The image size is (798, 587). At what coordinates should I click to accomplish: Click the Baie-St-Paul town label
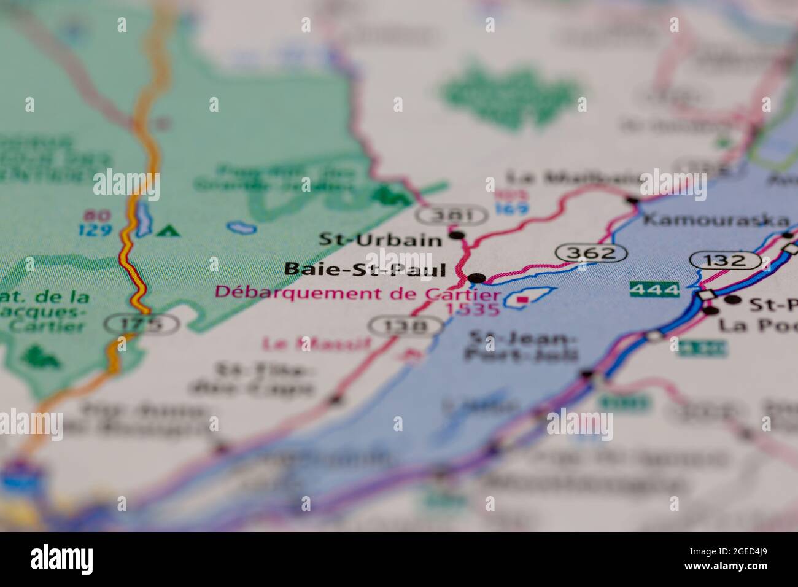point(365,269)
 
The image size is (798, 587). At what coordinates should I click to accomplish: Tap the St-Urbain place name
point(380,239)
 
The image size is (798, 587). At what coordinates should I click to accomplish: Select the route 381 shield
point(452,215)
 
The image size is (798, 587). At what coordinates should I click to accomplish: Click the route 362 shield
point(591,252)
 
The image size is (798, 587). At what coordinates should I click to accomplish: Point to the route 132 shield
point(724,260)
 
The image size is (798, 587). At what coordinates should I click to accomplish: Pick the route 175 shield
point(141,323)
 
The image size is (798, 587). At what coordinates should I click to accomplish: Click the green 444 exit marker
point(654,289)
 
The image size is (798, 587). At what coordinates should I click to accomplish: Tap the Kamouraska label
point(715,220)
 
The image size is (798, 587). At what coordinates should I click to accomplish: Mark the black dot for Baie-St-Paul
point(476,279)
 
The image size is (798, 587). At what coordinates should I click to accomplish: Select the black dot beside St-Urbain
point(456,235)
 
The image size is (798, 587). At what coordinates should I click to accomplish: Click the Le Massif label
point(316,343)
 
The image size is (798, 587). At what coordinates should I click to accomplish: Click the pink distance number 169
point(512,208)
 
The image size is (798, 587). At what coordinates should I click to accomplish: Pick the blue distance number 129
point(95,230)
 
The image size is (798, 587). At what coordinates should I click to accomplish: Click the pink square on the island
point(523,300)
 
